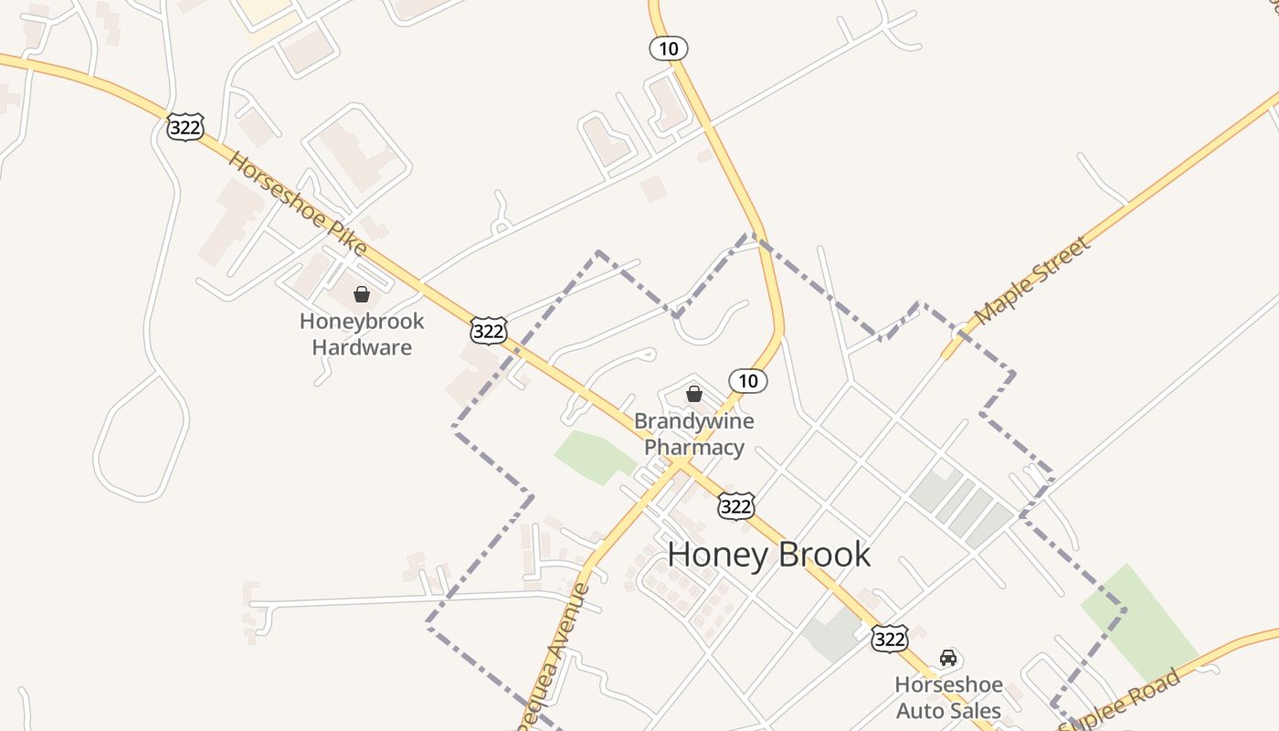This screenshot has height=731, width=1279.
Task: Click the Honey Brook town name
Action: click(768, 555)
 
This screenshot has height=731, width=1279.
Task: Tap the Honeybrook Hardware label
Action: click(362, 334)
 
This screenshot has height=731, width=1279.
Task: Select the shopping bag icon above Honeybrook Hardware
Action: click(362, 294)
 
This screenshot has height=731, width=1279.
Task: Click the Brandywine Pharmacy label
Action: click(694, 434)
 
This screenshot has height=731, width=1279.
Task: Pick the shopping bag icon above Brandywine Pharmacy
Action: click(694, 394)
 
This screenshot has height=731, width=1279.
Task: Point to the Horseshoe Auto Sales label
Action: click(948, 697)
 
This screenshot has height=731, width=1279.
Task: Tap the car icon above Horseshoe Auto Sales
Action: click(948, 658)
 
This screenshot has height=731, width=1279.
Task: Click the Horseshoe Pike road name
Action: click(297, 203)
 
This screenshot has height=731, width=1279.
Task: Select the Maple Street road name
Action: click(1032, 281)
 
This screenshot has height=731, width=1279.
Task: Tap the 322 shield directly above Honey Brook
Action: click(736, 505)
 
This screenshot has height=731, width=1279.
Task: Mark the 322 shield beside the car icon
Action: click(889, 638)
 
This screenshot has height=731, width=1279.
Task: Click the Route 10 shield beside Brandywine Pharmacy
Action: click(748, 381)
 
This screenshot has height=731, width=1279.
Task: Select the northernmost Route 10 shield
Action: click(669, 48)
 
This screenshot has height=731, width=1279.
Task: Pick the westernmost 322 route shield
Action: click(185, 127)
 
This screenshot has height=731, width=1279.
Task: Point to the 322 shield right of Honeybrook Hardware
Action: click(489, 331)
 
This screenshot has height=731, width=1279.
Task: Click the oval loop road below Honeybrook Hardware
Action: click(141, 439)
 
